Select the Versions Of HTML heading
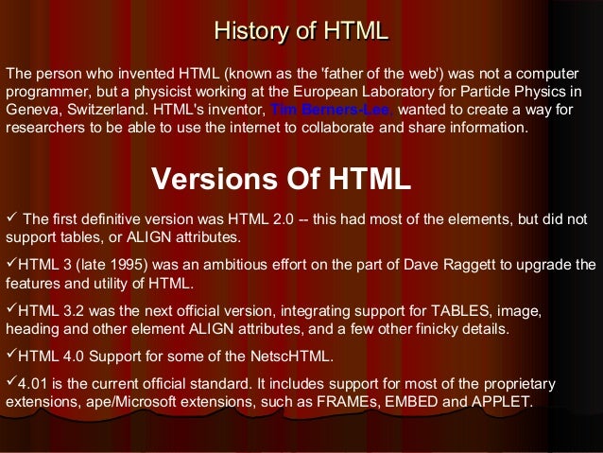[281, 179]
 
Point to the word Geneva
[29, 111]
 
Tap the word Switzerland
[102, 111]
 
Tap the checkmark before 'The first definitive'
[11, 218]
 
